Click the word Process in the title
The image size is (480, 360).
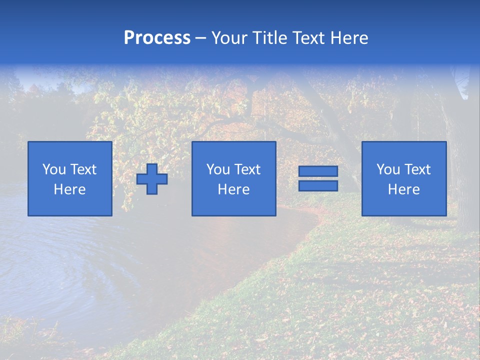click(x=157, y=38)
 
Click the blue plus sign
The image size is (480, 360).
click(x=152, y=179)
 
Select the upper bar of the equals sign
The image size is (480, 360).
click(x=318, y=171)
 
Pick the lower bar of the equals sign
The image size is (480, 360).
click(x=318, y=186)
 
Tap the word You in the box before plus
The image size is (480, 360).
click(x=54, y=169)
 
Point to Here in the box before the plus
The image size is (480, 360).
click(x=69, y=189)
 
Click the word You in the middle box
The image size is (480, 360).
click(x=218, y=169)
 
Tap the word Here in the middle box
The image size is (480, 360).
click(x=233, y=189)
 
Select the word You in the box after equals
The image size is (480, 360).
click(x=388, y=169)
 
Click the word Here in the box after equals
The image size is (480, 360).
click(x=403, y=189)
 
